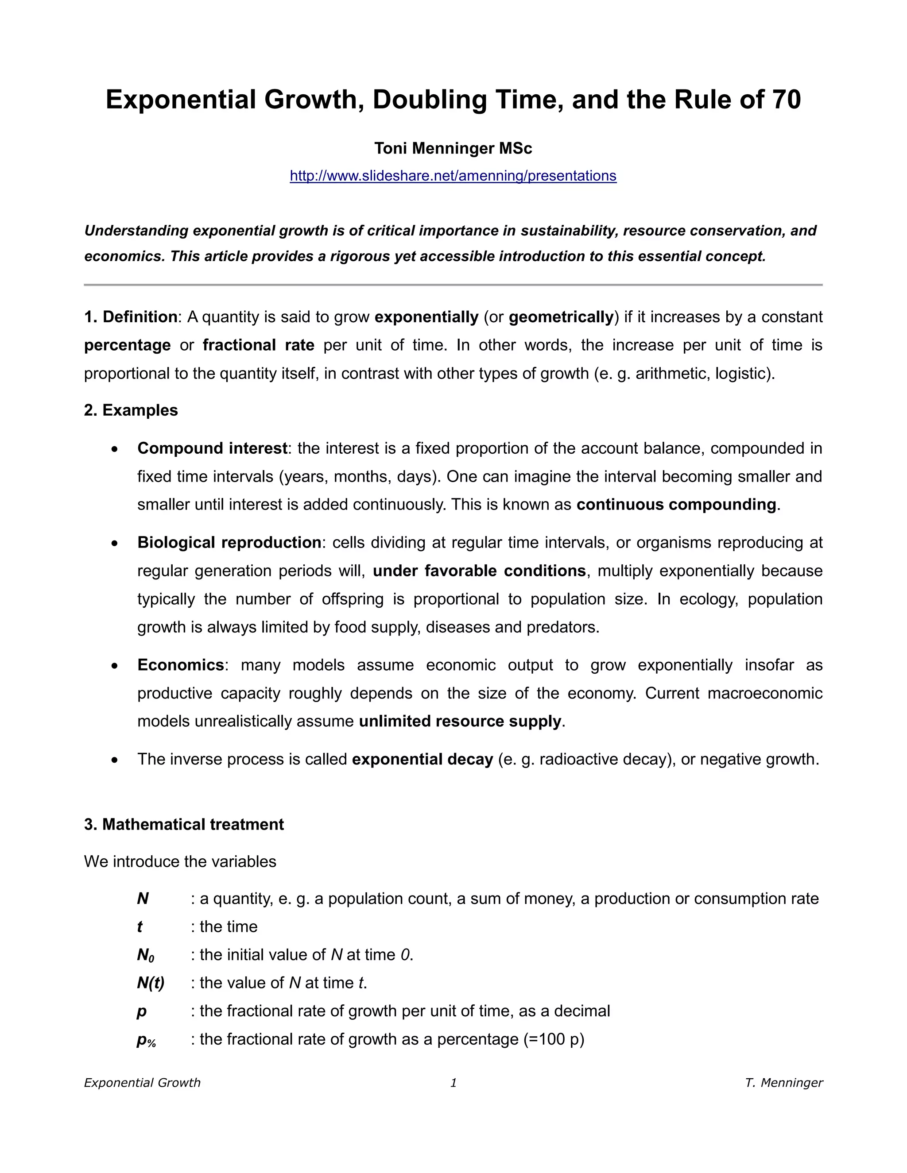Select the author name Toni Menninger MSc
pos(453,148)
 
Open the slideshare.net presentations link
pos(453,176)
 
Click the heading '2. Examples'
pos(131,410)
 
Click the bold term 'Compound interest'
pos(212,448)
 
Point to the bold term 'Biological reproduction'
pos(229,543)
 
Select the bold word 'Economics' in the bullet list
pos(181,665)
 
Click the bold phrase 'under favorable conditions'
pos(479,571)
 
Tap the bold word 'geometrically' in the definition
pos(561,317)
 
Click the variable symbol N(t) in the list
pos(151,982)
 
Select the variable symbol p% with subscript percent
pos(146,1040)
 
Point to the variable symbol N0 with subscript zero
pos(146,955)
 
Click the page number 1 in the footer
pos(453,1083)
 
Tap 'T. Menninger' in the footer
pos(783,1083)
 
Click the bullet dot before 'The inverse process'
pos(114,760)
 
